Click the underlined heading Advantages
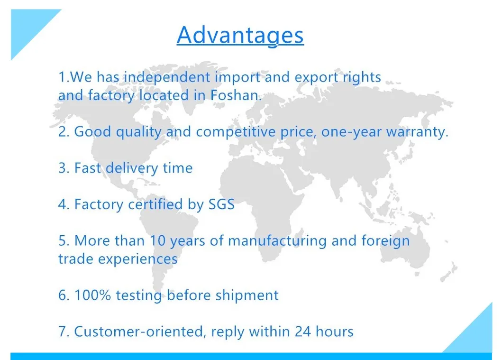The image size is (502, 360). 240,35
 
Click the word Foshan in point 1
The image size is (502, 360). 235,95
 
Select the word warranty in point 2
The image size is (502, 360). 417,132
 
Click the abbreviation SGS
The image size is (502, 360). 221,204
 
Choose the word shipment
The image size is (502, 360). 247,295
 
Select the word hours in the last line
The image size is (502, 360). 334,331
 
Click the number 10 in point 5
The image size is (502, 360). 158,240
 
